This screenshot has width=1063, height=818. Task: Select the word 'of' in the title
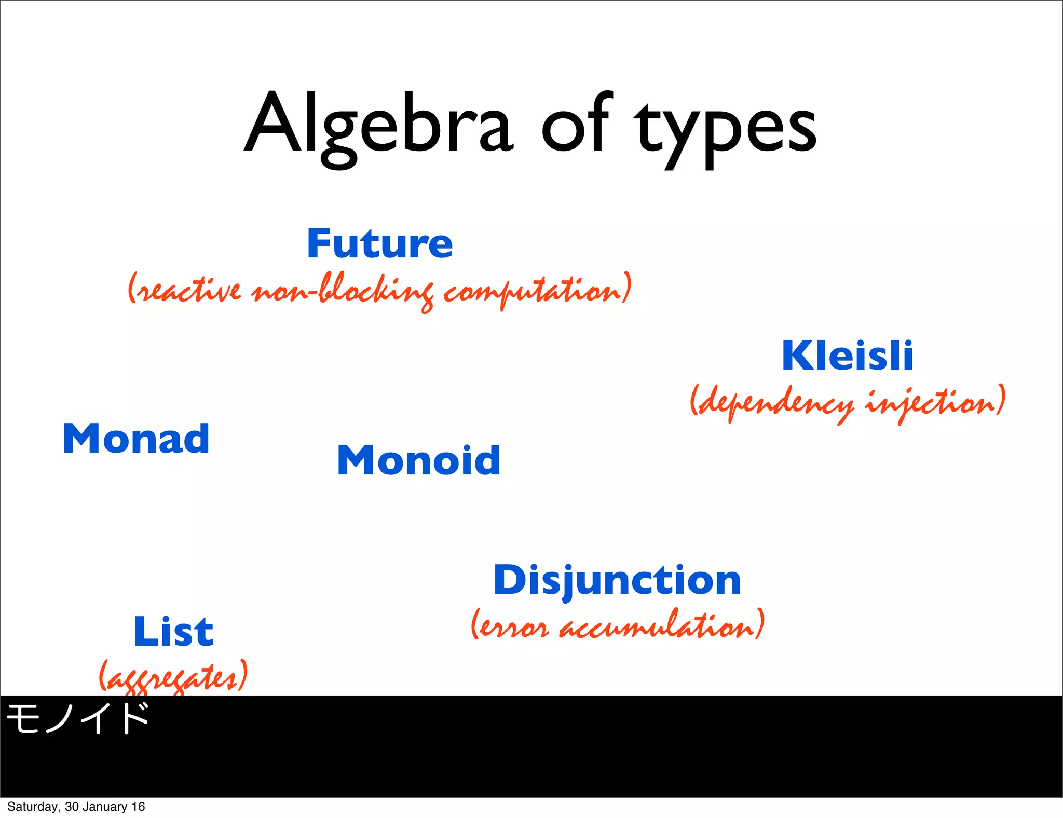pos(576,125)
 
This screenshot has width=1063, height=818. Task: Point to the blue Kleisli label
pos(847,356)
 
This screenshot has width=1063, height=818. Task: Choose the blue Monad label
pos(136,439)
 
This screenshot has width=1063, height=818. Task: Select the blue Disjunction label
pos(617,580)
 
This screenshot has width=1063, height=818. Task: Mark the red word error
pos(511,627)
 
